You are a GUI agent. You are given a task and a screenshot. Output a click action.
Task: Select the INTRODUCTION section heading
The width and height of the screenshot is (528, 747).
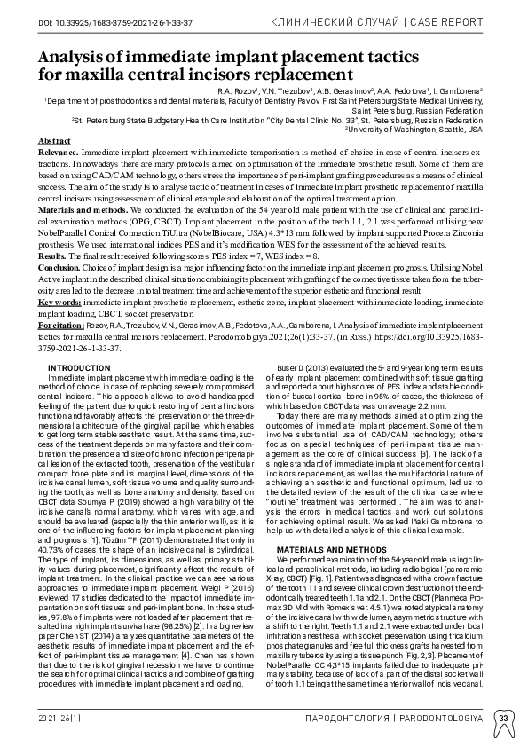78,366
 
